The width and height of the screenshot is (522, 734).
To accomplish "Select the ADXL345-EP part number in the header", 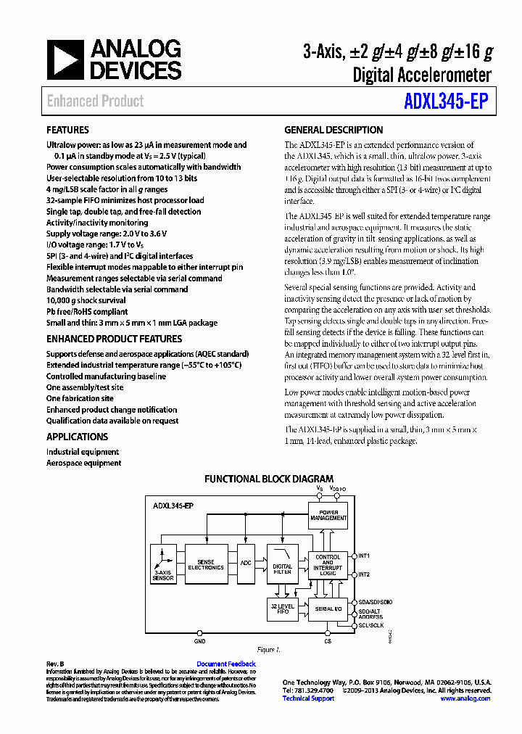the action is click(445, 102).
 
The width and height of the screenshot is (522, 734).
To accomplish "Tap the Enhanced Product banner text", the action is click(95, 102).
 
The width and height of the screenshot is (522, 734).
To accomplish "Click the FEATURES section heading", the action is click(68, 131).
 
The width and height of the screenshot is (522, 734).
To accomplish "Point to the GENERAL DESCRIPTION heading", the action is click(333, 131).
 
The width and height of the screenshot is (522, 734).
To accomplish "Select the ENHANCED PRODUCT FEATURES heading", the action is click(114, 339).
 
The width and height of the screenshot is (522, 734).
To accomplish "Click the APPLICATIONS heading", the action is click(77, 437).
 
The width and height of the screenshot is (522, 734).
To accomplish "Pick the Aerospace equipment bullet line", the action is click(83, 463).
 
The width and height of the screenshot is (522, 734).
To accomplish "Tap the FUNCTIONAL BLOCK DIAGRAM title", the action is click(269, 479).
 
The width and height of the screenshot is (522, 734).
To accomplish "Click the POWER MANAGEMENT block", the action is click(328, 515).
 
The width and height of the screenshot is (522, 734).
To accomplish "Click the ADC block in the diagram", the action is click(246, 564).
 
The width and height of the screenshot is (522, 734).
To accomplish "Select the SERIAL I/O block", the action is click(328, 609).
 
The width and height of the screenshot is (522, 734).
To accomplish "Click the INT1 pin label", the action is click(364, 556).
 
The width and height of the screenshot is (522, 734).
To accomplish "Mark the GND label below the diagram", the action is click(199, 641).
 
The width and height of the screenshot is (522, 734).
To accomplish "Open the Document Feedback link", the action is click(225, 664).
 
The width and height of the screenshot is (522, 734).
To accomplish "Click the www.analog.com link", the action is click(465, 698).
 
